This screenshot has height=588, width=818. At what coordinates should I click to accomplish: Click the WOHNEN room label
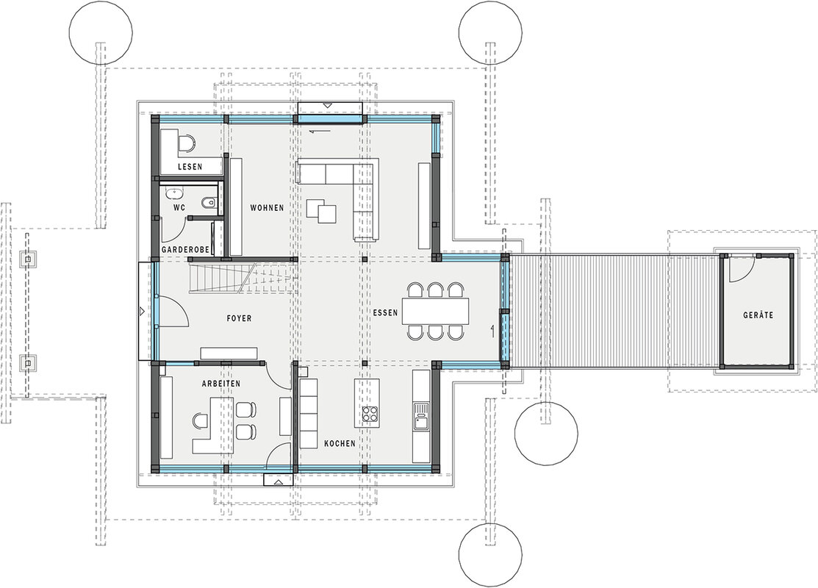(x=267, y=208)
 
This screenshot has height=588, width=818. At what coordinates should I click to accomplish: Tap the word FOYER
(x=239, y=318)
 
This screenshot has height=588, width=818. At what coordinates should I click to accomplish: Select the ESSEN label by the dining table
(x=385, y=312)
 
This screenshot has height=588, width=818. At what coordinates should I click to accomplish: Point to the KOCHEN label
(x=340, y=443)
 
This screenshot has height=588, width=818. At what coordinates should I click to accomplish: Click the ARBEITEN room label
(x=221, y=384)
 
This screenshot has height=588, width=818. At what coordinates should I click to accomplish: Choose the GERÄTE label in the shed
(x=758, y=315)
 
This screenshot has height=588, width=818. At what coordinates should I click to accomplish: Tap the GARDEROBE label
(x=185, y=250)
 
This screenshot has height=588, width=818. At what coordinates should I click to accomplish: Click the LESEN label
(x=190, y=167)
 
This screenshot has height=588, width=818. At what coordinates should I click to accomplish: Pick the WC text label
(x=179, y=208)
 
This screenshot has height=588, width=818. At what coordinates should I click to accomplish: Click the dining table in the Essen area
(x=436, y=311)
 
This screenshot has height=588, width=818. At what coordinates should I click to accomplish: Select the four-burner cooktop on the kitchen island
(x=370, y=414)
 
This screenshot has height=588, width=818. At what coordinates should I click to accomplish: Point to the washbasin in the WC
(x=173, y=193)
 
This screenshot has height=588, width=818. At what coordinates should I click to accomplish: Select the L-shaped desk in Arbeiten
(x=213, y=426)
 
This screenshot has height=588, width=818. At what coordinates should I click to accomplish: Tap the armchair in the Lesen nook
(x=186, y=143)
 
